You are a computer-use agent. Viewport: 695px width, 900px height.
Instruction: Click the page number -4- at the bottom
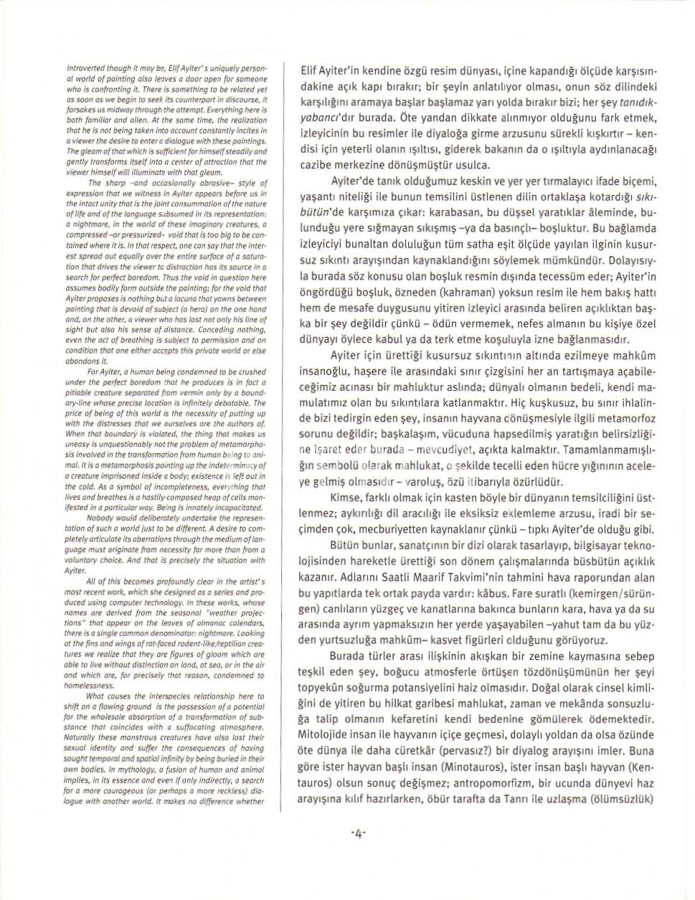[x=358, y=833]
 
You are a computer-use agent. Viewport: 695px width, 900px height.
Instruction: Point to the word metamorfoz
[x=628, y=418]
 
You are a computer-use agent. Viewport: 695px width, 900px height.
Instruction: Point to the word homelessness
[x=89, y=685]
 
